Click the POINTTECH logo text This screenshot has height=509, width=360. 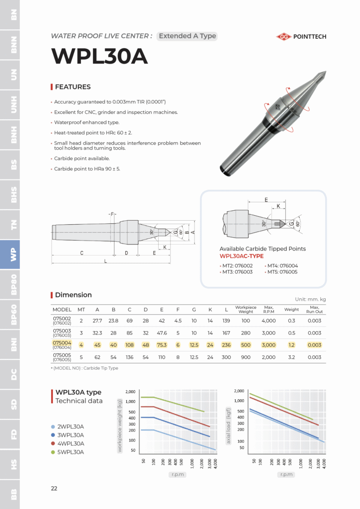click(x=311, y=36)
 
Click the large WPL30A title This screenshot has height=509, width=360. click(x=100, y=56)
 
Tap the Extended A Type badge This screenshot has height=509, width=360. click(x=187, y=36)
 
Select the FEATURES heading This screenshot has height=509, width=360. click(x=73, y=87)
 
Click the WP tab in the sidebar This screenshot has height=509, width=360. click(x=13, y=254)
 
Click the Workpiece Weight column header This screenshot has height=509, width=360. click(x=246, y=310)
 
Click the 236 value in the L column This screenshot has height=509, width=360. click(x=226, y=345)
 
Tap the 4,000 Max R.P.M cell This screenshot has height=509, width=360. click(x=269, y=321)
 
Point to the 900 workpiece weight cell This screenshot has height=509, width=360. click(x=246, y=357)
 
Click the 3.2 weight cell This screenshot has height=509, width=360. click(x=291, y=357)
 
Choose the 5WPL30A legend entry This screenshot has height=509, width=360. click(x=70, y=452)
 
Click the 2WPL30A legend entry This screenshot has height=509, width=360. click(x=70, y=426)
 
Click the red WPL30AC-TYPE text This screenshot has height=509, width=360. click(x=242, y=256)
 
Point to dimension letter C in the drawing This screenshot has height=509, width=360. click(x=82, y=253)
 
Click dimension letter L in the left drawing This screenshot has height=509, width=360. click(x=105, y=261)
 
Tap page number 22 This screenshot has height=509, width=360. click(x=54, y=488)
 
